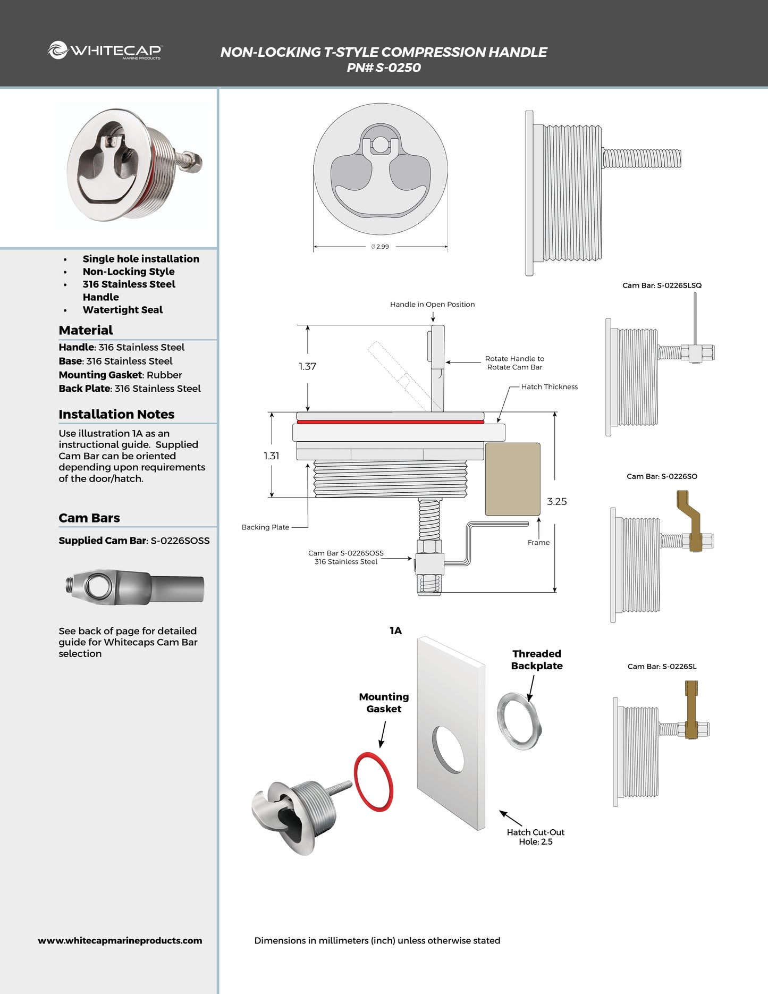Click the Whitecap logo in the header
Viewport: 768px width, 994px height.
coord(105,50)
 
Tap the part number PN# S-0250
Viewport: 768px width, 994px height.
coord(383,68)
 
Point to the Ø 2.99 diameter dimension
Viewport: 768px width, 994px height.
coord(381,247)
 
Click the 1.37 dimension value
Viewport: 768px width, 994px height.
coord(307,366)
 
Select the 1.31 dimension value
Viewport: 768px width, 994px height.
coord(271,456)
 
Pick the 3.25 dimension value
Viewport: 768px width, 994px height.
coord(556,501)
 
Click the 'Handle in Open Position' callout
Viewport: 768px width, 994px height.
coord(432,305)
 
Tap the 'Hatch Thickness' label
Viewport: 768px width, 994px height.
coord(549,387)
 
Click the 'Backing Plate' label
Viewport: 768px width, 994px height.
coord(265,527)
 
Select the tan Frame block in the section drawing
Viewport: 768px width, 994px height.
coord(512,479)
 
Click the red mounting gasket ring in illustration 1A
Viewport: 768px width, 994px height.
coord(374,781)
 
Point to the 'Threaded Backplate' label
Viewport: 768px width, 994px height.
coord(537,660)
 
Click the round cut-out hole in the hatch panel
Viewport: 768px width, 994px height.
coord(448,749)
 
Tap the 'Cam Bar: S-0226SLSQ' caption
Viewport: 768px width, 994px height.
coord(662,285)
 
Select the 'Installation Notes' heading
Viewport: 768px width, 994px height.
coord(116,414)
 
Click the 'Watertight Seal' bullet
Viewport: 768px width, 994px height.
coord(122,310)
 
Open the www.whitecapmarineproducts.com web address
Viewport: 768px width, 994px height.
coord(120,940)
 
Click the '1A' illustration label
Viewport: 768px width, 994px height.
coord(395,631)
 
